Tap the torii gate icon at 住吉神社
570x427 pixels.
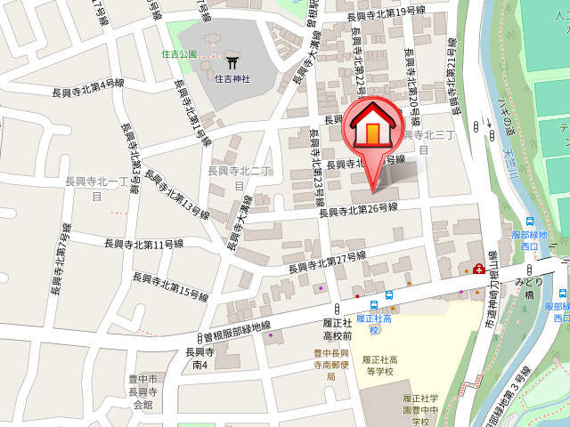pyautogui.click(x=232, y=62)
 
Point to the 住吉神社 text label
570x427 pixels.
pyautogui.click(x=232, y=78)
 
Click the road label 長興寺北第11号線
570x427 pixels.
pyautogui.click(x=143, y=244)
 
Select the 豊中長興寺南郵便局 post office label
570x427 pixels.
pyautogui.click(x=330, y=364)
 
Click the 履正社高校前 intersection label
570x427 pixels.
pyautogui.click(x=337, y=330)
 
